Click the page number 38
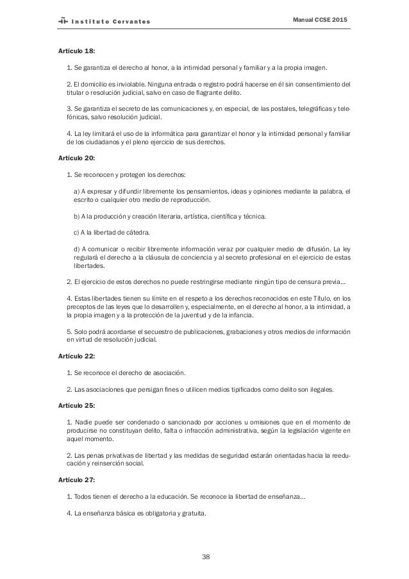pos(204,556)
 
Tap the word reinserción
pos(112,466)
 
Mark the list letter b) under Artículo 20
pos(78,216)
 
